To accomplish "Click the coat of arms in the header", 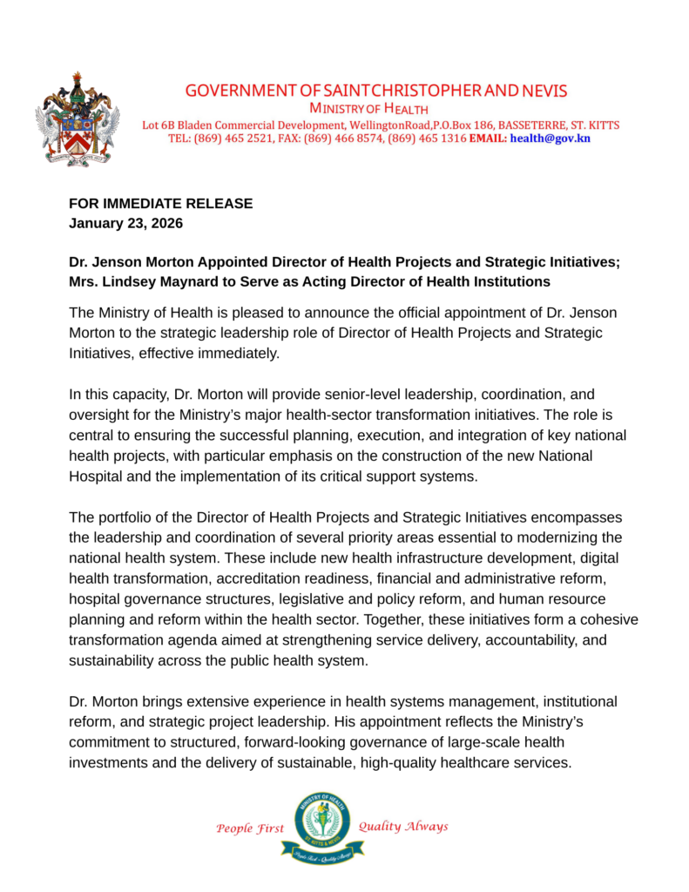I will tap(76, 119).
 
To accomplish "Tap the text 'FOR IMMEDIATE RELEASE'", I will tap(161, 204).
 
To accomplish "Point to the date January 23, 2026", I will tap(125, 222).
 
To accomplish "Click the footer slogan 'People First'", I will tap(250, 828).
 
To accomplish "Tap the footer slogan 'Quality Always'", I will tap(403, 827).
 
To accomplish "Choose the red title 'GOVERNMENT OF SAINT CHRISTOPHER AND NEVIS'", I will tap(375, 91).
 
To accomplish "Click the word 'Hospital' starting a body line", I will tap(95, 476).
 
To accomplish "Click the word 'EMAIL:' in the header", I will tap(488, 139).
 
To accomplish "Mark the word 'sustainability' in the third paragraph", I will tap(111, 660).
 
